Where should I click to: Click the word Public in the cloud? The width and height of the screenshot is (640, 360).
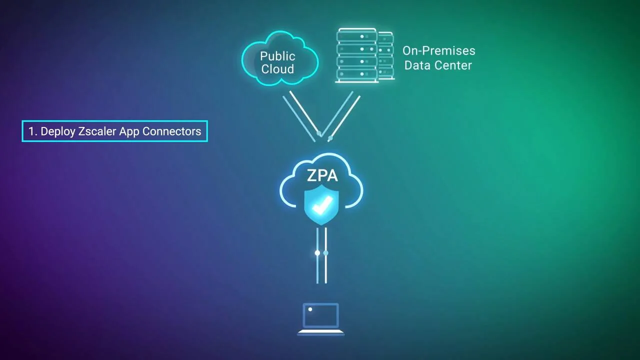(277, 56)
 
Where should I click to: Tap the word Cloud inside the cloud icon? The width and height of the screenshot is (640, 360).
(277, 69)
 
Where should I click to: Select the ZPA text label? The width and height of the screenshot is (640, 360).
(322, 175)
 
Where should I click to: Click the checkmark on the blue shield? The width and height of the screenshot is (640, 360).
(322, 204)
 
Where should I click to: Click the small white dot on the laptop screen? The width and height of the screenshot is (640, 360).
(310, 309)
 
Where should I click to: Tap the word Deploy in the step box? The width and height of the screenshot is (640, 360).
(57, 131)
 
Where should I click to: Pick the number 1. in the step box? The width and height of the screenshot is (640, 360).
(32, 131)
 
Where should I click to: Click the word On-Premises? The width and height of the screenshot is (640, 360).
(438, 51)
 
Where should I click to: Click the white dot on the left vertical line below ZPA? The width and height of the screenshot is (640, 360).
(317, 253)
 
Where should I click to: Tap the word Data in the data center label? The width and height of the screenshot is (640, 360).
(417, 65)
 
